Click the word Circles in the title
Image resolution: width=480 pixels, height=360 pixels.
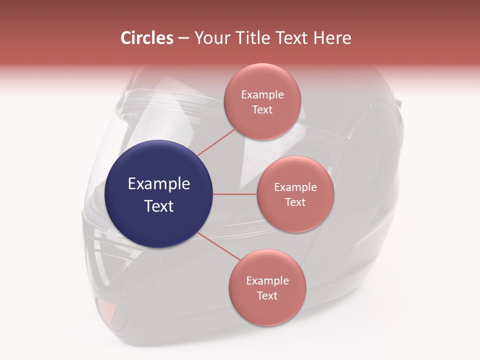[x=147, y=38]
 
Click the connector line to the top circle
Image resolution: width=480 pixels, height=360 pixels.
[x=216, y=143]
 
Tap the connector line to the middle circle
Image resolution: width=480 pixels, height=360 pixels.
[x=234, y=194]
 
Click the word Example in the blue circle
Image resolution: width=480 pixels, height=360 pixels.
[x=159, y=184]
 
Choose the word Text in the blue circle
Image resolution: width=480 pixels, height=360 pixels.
[x=159, y=206]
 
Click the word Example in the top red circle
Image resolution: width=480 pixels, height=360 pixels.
[x=262, y=95]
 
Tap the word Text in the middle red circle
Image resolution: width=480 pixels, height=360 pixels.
[x=295, y=202]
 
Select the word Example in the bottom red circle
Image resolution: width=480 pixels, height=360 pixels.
[x=267, y=281]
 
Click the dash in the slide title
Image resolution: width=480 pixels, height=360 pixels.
[x=183, y=38]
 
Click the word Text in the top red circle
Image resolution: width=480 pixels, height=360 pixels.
[x=262, y=109]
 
